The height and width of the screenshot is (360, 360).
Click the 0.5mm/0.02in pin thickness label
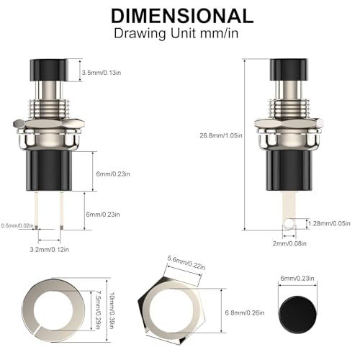pyautogui.click(x=17, y=225)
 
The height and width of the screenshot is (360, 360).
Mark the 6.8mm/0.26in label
pyautogui.click(x=247, y=312)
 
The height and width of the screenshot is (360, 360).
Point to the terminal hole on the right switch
pyautogui.click(x=289, y=224)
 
